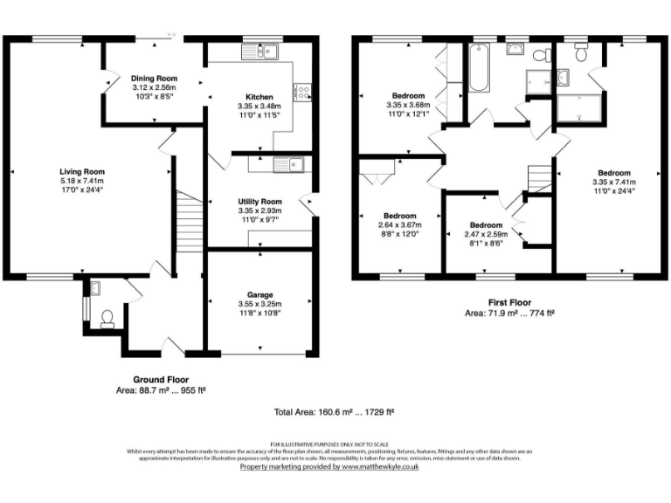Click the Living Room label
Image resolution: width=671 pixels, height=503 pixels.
point(82,171)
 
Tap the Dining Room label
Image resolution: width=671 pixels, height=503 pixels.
point(153,79)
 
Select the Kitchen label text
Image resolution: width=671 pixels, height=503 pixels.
point(259,97)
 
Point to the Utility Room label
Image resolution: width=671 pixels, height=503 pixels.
point(259,202)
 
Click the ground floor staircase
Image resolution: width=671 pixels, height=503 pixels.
point(190,223)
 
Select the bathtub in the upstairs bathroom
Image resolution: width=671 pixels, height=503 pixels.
point(479,70)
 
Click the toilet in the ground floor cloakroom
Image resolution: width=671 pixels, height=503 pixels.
point(107,318)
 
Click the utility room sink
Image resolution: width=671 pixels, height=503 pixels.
point(290,162)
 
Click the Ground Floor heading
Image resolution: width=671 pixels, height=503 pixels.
point(160,380)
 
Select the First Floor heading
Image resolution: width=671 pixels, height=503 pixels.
point(508,302)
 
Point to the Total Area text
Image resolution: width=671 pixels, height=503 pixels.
point(335,412)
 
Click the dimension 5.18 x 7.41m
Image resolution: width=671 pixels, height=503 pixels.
point(82,180)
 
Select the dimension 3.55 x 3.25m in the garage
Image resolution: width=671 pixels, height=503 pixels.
point(259,303)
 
